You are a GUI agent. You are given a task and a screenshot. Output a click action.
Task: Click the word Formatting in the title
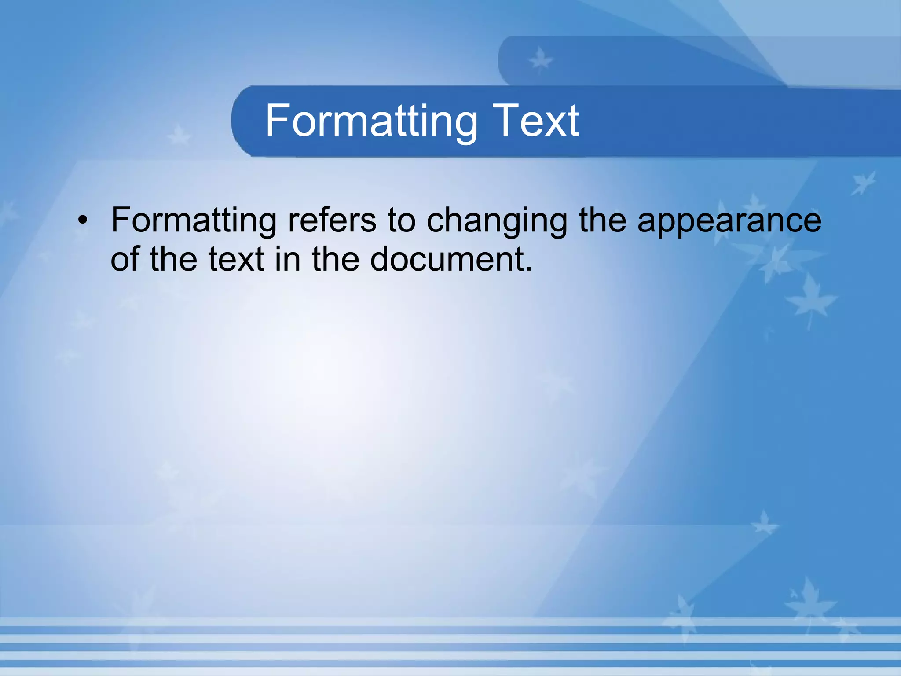click(371, 121)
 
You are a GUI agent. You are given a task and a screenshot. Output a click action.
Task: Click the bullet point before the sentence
click(82, 220)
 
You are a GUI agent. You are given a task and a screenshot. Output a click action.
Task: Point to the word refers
click(332, 220)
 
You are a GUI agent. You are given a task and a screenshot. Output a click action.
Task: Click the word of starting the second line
click(125, 259)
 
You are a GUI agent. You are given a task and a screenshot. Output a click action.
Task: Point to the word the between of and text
click(173, 259)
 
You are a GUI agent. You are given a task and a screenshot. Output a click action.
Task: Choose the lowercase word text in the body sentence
click(236, 259)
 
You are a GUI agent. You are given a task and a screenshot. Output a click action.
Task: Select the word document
click(447, 259)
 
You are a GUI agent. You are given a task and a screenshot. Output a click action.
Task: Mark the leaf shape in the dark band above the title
click(540, 60)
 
